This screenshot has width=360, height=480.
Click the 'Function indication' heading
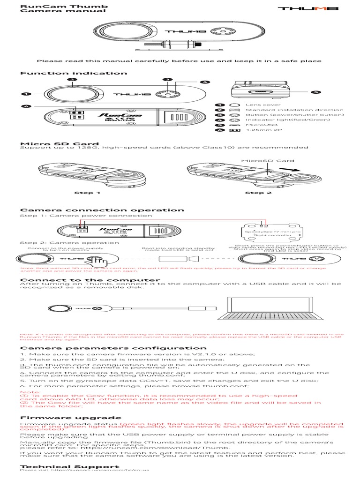coord(74,73)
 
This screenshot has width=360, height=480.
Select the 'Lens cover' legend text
coord(256,105)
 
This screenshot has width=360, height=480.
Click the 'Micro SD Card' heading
coord(59,143)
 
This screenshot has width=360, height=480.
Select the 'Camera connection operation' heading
coord(102,210)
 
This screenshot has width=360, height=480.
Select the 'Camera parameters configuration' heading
coord(113,348)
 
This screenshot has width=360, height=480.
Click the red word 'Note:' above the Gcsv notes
coord(28,391)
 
